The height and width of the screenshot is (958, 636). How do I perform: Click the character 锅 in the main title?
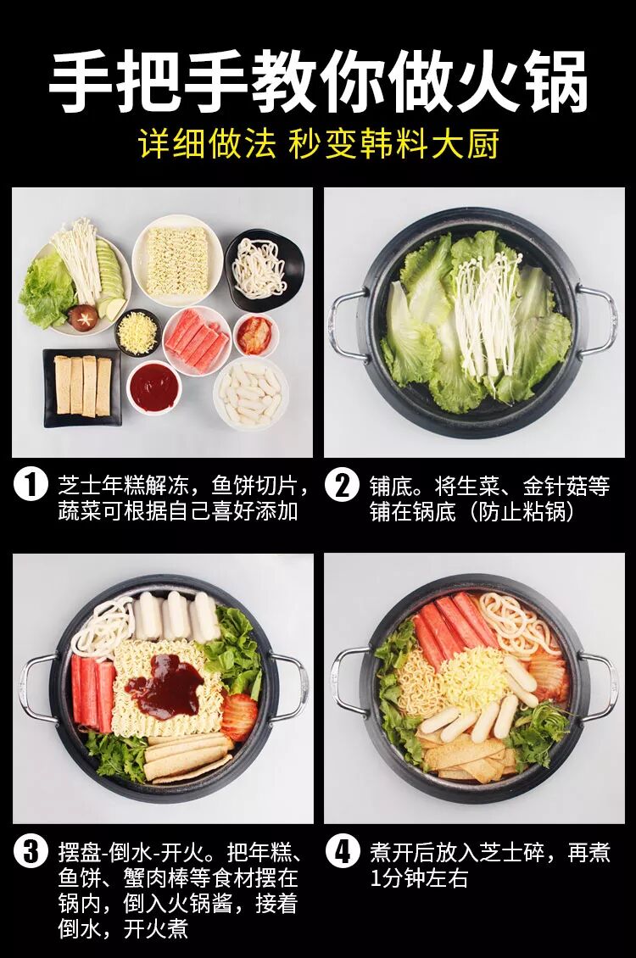(x=551, y=81)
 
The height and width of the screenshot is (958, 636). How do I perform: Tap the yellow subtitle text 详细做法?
(x=207, y=144)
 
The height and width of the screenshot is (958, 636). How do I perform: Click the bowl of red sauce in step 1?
(x=154, y=387)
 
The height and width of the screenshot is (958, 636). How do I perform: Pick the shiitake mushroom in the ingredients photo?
(x=82, y=315)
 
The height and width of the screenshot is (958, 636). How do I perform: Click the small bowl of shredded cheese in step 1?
(x=138, y=332)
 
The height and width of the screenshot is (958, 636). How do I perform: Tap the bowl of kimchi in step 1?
(x=255, y=336)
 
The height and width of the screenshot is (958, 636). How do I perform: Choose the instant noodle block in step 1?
(x=177, y=260)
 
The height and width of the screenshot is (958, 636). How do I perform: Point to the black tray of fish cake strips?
(x=82, y=387)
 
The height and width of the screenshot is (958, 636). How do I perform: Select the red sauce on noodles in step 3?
(x=165, y=686)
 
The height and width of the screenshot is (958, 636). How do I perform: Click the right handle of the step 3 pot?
(x=290, y=686)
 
